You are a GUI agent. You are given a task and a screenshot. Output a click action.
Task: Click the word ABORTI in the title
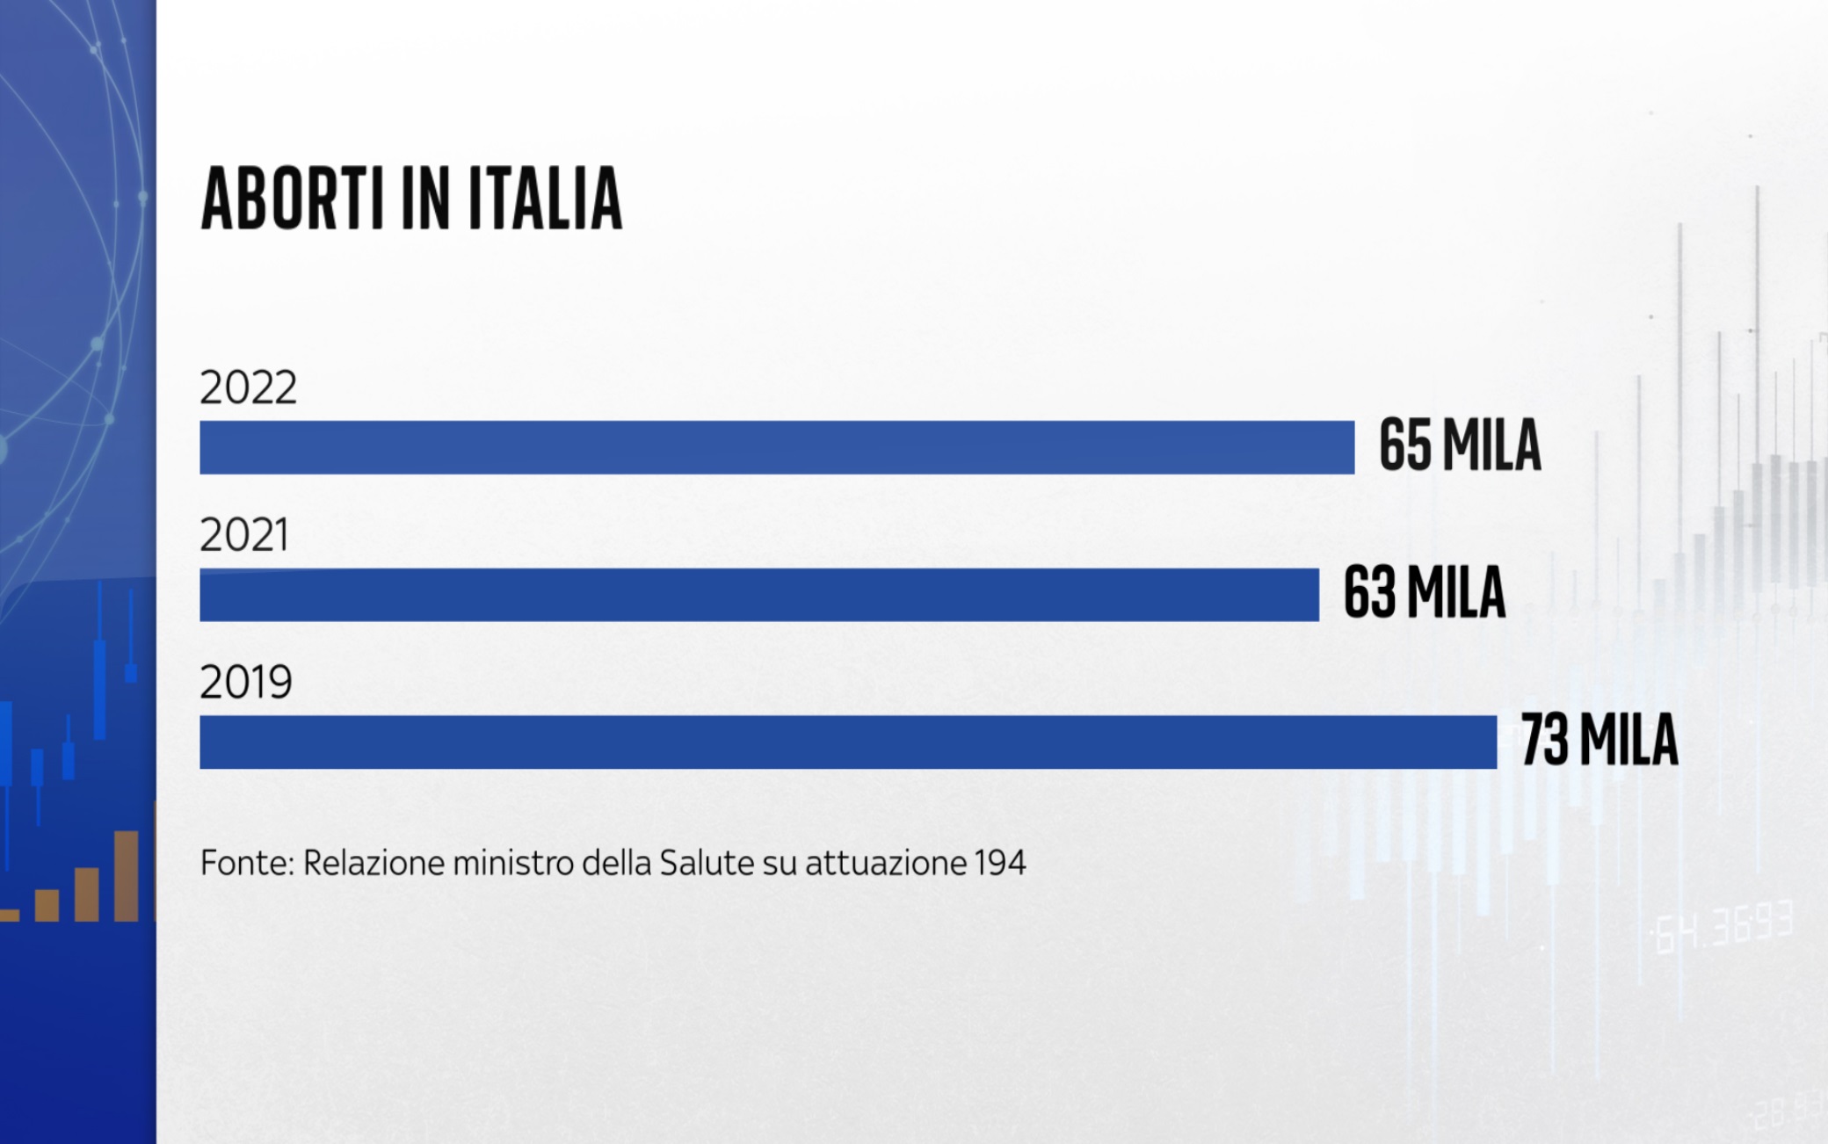click(293, 199)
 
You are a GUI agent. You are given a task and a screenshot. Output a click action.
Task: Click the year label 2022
click(249, 387)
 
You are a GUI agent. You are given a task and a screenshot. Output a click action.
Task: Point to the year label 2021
click(244, 535)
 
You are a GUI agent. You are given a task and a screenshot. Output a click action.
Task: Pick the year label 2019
click(246, 682)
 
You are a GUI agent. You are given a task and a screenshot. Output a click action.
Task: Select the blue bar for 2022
click(777, 447)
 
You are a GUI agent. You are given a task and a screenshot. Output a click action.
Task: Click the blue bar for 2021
click(759, 595)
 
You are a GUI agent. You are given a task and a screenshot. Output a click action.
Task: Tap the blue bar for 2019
click(848, 742)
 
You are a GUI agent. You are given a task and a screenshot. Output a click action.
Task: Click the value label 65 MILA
click(1460, 445)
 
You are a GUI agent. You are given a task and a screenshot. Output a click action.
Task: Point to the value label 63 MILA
click(1425, 593)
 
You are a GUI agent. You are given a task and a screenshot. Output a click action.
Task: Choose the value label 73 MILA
click(1599, 741)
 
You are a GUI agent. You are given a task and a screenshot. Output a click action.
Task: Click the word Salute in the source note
click(707, 863)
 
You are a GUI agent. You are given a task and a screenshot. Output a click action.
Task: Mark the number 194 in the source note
click(1000, 863)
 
